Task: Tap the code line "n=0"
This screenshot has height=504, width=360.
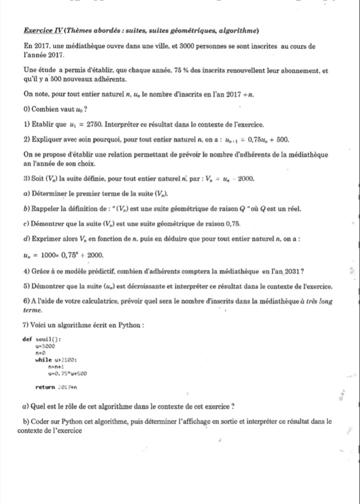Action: point(39,352)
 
